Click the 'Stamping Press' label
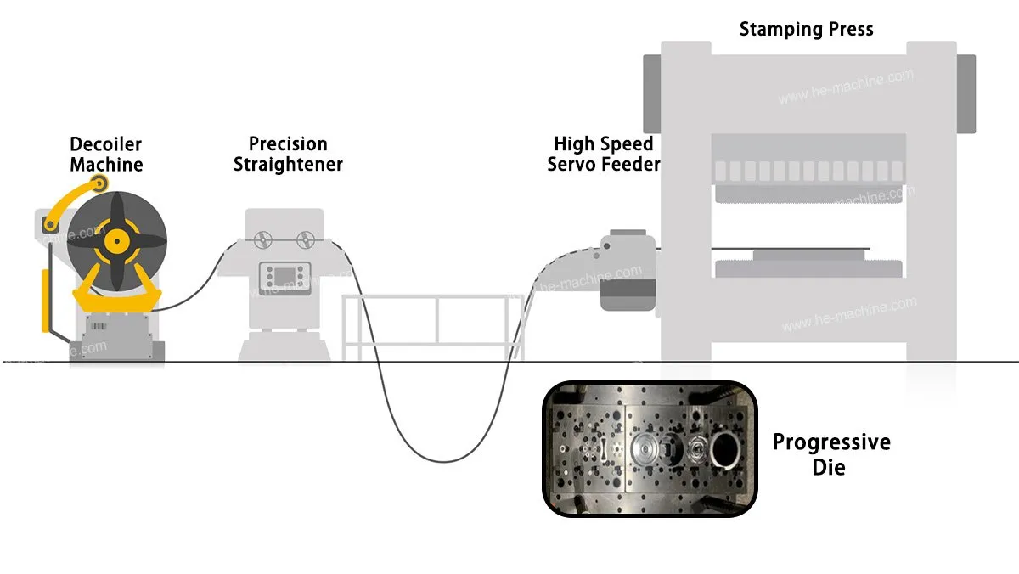806,30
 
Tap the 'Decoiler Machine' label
106,155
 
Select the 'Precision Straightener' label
288,155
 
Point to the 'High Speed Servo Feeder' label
604,155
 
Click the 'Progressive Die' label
831,454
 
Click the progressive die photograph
650,449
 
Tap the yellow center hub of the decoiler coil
117,241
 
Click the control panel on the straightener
284,278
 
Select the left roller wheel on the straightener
263,239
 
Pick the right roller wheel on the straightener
305,239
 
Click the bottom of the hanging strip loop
443,461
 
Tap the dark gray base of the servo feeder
628,295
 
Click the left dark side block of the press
652,94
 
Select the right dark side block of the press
966,94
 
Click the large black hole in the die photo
725,449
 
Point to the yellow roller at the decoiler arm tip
99,183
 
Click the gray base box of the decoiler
117,337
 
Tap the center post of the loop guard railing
437,320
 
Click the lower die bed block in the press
808,268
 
